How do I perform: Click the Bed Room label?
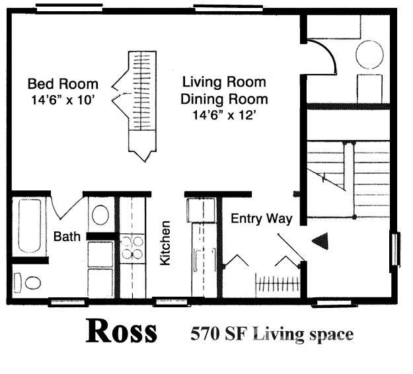[63, 84]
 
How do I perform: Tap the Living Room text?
[224, 82]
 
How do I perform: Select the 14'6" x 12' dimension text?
[225, 115]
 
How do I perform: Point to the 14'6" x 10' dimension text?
[63, 100]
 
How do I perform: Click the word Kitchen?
[165, 243]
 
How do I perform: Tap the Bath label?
[67, 237]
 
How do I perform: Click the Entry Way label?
[262, 219]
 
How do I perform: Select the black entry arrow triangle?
[320, 241]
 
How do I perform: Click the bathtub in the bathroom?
[29, 227]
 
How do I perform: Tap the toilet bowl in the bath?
[32, 283]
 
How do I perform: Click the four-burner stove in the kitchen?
[132, 248]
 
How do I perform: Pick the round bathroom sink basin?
[100, 215]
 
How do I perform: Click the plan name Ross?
[122, 331]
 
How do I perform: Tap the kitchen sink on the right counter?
[205, 261]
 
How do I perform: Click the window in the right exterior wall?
[394, 249]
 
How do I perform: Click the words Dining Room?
[224, 99]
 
